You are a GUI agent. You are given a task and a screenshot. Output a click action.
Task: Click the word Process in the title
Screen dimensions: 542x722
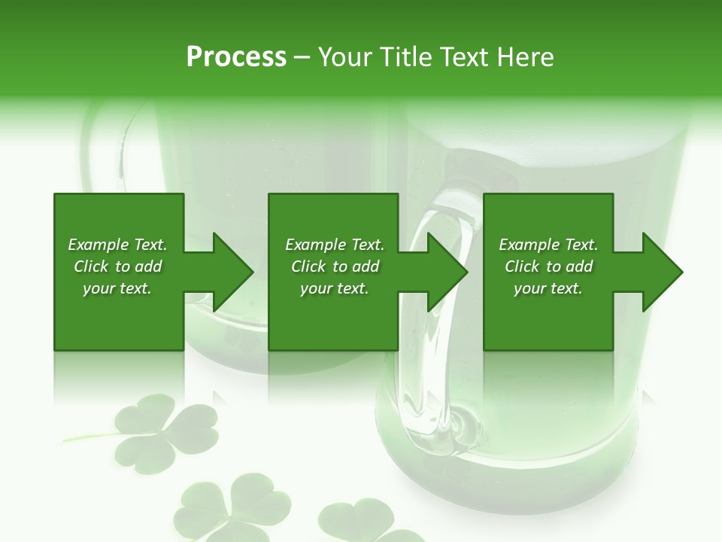pyautogui.click(x=236, y=57)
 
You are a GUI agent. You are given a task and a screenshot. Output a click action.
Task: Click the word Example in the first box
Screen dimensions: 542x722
pyautogui.click(x=98, y=245)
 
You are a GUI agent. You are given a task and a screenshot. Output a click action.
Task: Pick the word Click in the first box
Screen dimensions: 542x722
pyautogui.click(x=92, y=266)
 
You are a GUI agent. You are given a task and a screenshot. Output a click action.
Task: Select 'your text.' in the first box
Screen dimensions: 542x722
pyautogui.click(x=117, y=288)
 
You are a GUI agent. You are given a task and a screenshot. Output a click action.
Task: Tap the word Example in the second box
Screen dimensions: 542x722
pyautogui.click(x=315, y=245)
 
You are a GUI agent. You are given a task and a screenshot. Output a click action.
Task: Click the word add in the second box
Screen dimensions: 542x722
pyautogui.click(x=366, y=266)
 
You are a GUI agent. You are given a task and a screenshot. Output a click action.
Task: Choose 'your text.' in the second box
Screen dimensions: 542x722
pyautogui.click(x=335, y=288)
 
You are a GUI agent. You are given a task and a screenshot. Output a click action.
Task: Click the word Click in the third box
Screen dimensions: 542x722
pyautogui.click(x=523, y=266)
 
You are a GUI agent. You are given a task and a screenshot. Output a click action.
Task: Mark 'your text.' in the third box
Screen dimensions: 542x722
pyautogui.click(x=548, y=288)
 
